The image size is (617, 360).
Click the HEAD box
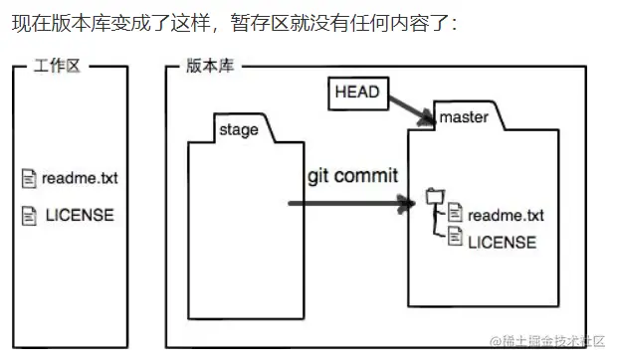pos(356,92)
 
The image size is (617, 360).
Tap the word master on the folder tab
pos(463,117)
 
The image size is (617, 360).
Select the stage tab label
pos(239,129)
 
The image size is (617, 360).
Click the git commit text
pos(352,176)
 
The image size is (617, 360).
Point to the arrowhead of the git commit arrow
pos(407,204)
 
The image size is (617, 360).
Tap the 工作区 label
pos(56,66)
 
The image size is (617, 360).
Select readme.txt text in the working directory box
pos(80,179)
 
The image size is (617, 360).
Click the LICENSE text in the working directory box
pos(80,214)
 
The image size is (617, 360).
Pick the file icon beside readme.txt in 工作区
pos(29,179)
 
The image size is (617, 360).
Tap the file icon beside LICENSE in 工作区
pos(29,214)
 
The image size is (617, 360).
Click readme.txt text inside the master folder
pos(506,215)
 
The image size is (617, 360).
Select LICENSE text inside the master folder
pos(502,242)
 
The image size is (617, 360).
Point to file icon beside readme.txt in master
pos(455,212)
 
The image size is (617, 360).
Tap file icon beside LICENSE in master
pos(455,236)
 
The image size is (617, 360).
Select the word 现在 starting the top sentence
pos(25,22)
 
